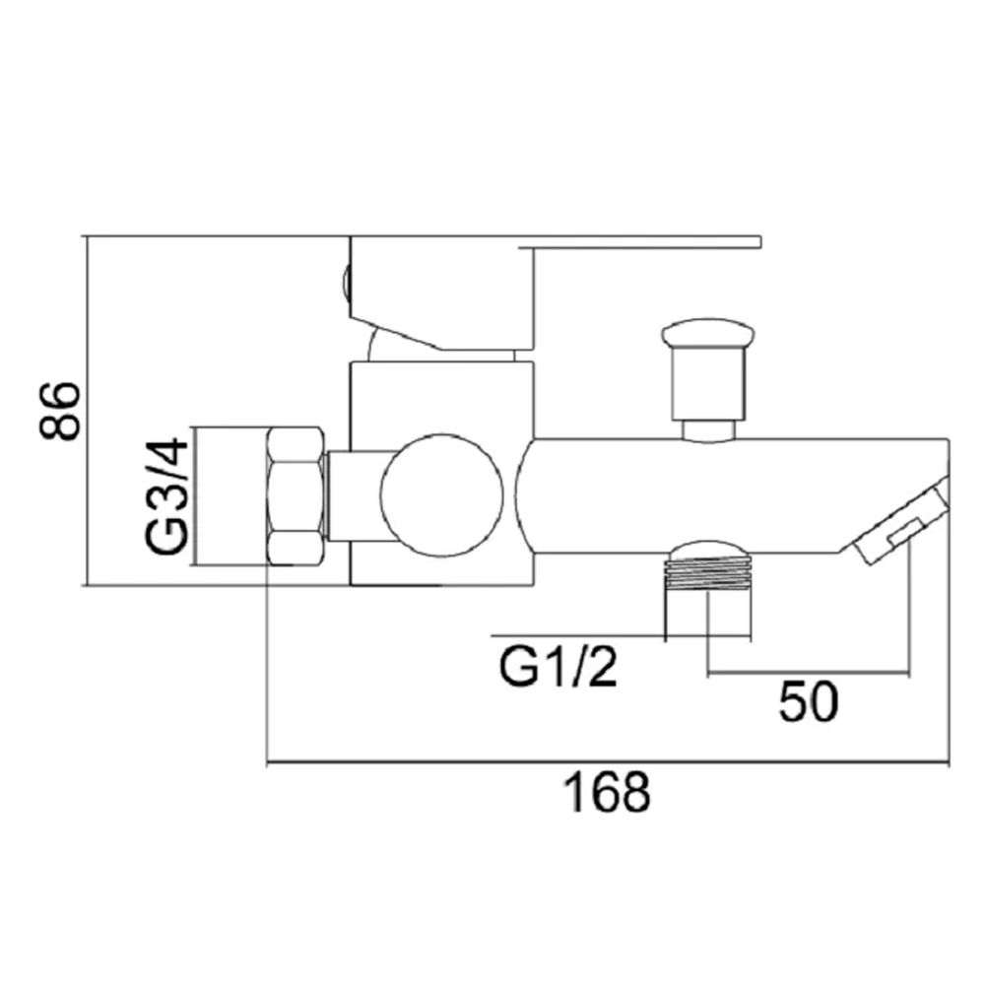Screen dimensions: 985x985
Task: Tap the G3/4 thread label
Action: tap(167, 496)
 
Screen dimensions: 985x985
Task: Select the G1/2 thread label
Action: tap(558, 667)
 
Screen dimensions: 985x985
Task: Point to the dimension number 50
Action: tap(808, 701)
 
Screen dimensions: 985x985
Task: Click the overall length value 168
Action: tap(607, 793)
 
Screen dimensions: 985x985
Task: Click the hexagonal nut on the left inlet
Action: tap(295, 496)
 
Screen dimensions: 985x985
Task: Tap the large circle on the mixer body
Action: tap(441, 495)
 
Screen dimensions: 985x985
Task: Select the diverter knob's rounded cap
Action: tap(708, 333)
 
